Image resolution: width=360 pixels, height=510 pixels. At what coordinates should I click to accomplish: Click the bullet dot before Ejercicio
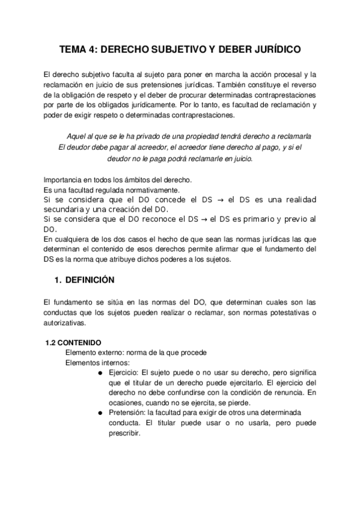[98, 372]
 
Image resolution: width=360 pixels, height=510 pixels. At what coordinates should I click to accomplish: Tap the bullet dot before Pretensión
[98, 413]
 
